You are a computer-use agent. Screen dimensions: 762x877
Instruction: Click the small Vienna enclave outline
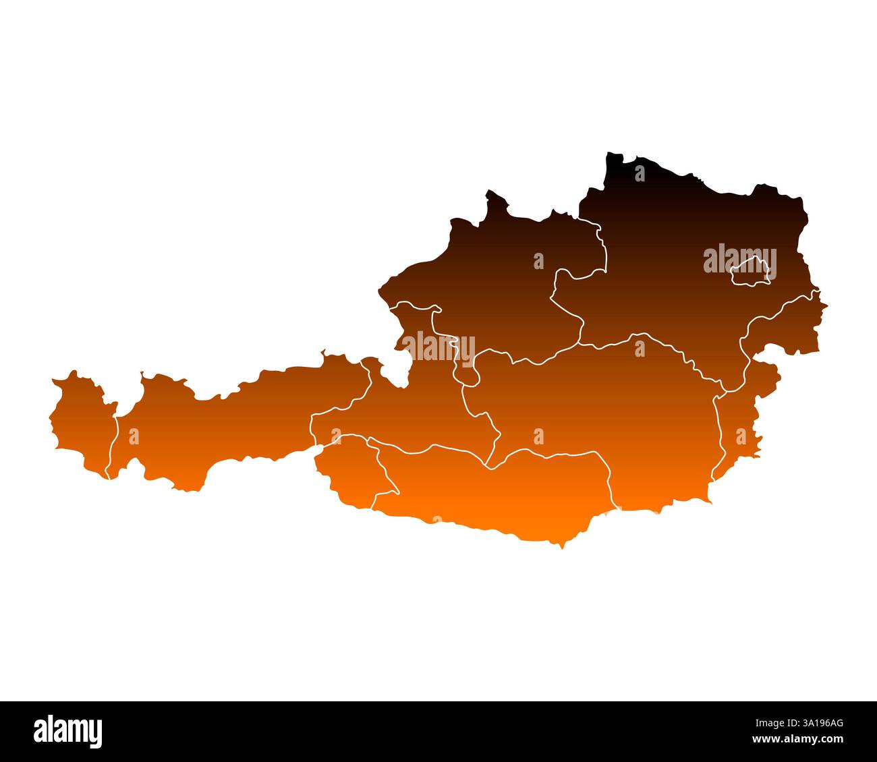click(x=750, y=273)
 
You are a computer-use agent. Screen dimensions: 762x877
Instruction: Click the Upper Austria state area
click(x=499, y=283)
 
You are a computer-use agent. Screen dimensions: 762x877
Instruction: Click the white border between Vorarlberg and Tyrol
click(x=113, y=445)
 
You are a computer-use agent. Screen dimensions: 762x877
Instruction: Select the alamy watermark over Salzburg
click(x=438, y=346)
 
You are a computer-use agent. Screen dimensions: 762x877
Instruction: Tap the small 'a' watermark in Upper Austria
click(x=538, y=261)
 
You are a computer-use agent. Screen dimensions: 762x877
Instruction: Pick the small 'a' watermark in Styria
click(x=538, y=436)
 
